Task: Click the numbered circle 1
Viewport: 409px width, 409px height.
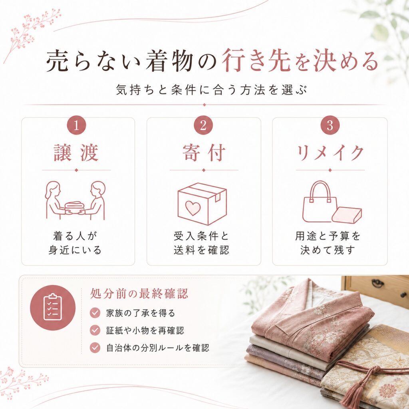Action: (x=76, y=125)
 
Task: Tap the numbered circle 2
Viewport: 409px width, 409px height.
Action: (x=203, y=125)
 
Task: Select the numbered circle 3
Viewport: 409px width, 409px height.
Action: (x=330, y=125)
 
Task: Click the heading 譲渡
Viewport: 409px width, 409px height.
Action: (x=76, y=153)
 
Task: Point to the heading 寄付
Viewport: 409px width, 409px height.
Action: (x=204, y=153)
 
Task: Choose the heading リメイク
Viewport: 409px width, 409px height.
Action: (x=330, y=153)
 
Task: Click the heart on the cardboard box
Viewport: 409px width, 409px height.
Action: (x=193, y=208)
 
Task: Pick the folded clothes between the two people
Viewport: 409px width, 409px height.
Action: (x=75, y=208)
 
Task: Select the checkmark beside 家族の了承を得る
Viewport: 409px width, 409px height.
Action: (x=95, y=312)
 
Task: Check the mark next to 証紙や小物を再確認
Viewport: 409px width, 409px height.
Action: (x=95, y=330)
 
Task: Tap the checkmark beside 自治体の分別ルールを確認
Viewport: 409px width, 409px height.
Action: (x=95, y=348)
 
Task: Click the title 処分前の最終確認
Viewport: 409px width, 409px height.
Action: (x=139, y=294)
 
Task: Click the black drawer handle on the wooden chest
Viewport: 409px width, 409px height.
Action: (x=378, y=283)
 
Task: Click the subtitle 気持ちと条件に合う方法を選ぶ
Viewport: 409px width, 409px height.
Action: (x=211, y=90)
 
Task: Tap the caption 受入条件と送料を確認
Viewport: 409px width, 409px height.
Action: (x=201, y=243)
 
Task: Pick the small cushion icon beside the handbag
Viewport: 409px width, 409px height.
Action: (x=347, y=215)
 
